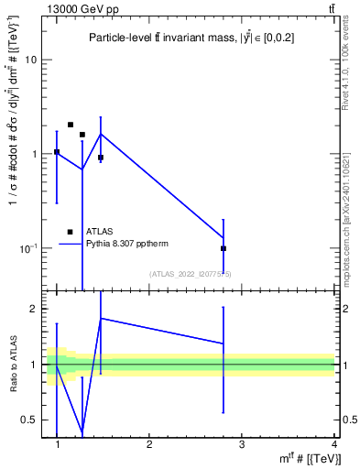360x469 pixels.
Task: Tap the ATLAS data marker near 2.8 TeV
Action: [x=224, y=248]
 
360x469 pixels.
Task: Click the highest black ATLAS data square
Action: [x=71, y=125]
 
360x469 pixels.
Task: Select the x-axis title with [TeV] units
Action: [x=311, y=457]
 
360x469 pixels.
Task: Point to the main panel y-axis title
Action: [x=13, y=151]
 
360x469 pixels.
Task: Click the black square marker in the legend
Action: [x=71, y=232]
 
